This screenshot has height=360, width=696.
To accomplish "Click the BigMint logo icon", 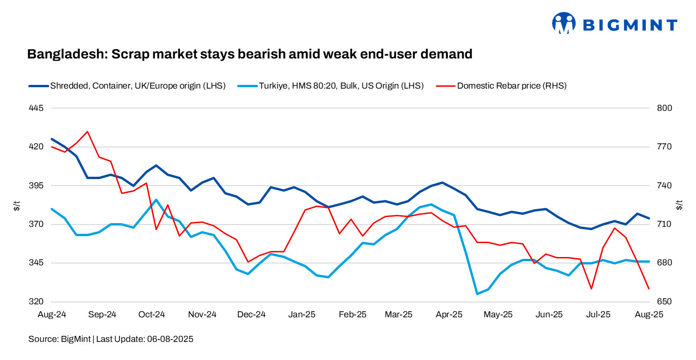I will (x=563, y=23).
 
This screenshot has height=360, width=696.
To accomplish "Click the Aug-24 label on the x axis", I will (x=52, y=315).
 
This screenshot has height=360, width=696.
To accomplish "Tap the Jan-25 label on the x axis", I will (x=302, y=315).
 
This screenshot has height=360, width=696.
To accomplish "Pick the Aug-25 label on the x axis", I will (x=649, y=315).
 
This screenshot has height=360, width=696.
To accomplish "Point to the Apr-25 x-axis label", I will (x=449, y=315).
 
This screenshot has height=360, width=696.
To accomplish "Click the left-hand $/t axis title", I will (x=17, y=205).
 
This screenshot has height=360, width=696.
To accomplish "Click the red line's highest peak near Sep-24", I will (x=87, y=132).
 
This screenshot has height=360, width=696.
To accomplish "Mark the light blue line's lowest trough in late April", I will (x=477, y=294).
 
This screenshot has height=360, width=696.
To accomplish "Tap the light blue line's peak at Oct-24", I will (x=156, y=199).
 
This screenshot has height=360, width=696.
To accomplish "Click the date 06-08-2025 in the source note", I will (x=170, y=339).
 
